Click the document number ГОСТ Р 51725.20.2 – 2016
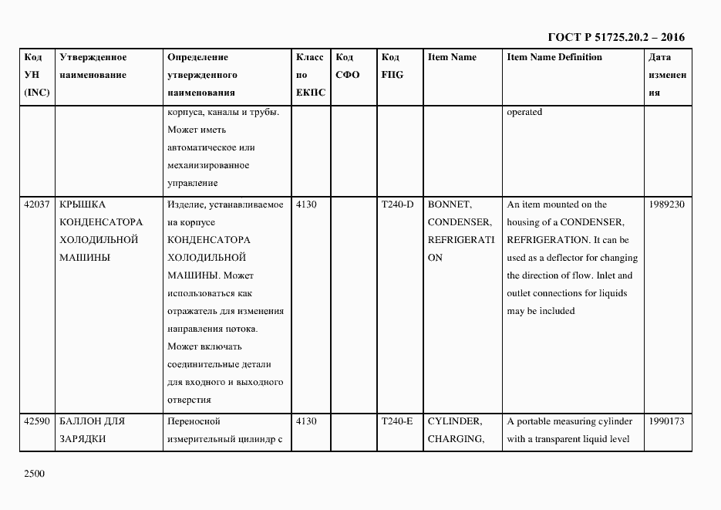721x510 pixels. click(x=615, y=37)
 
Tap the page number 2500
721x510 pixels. click(x=35, y=474)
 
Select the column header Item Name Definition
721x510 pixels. click(x=554, y=57)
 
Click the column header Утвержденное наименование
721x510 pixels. click(x=93, y=66)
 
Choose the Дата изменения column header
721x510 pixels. click(x=667, y=75)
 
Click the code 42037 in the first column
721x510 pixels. click(x=37, y=204)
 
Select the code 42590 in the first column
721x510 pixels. click(x=37, y=421)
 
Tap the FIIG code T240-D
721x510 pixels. click(x=397, y=204)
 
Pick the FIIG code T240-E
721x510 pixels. click(x=397, y=421)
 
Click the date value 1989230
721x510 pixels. click(x=667, y=204)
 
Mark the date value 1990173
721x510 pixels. click(x=667, y=421)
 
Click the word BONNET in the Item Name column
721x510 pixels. click(x=450, y=204)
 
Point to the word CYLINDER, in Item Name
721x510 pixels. click(x=455, y=421)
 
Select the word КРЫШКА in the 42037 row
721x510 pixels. click(x=82, y=204)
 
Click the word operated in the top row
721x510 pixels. click(x=524, y=113)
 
